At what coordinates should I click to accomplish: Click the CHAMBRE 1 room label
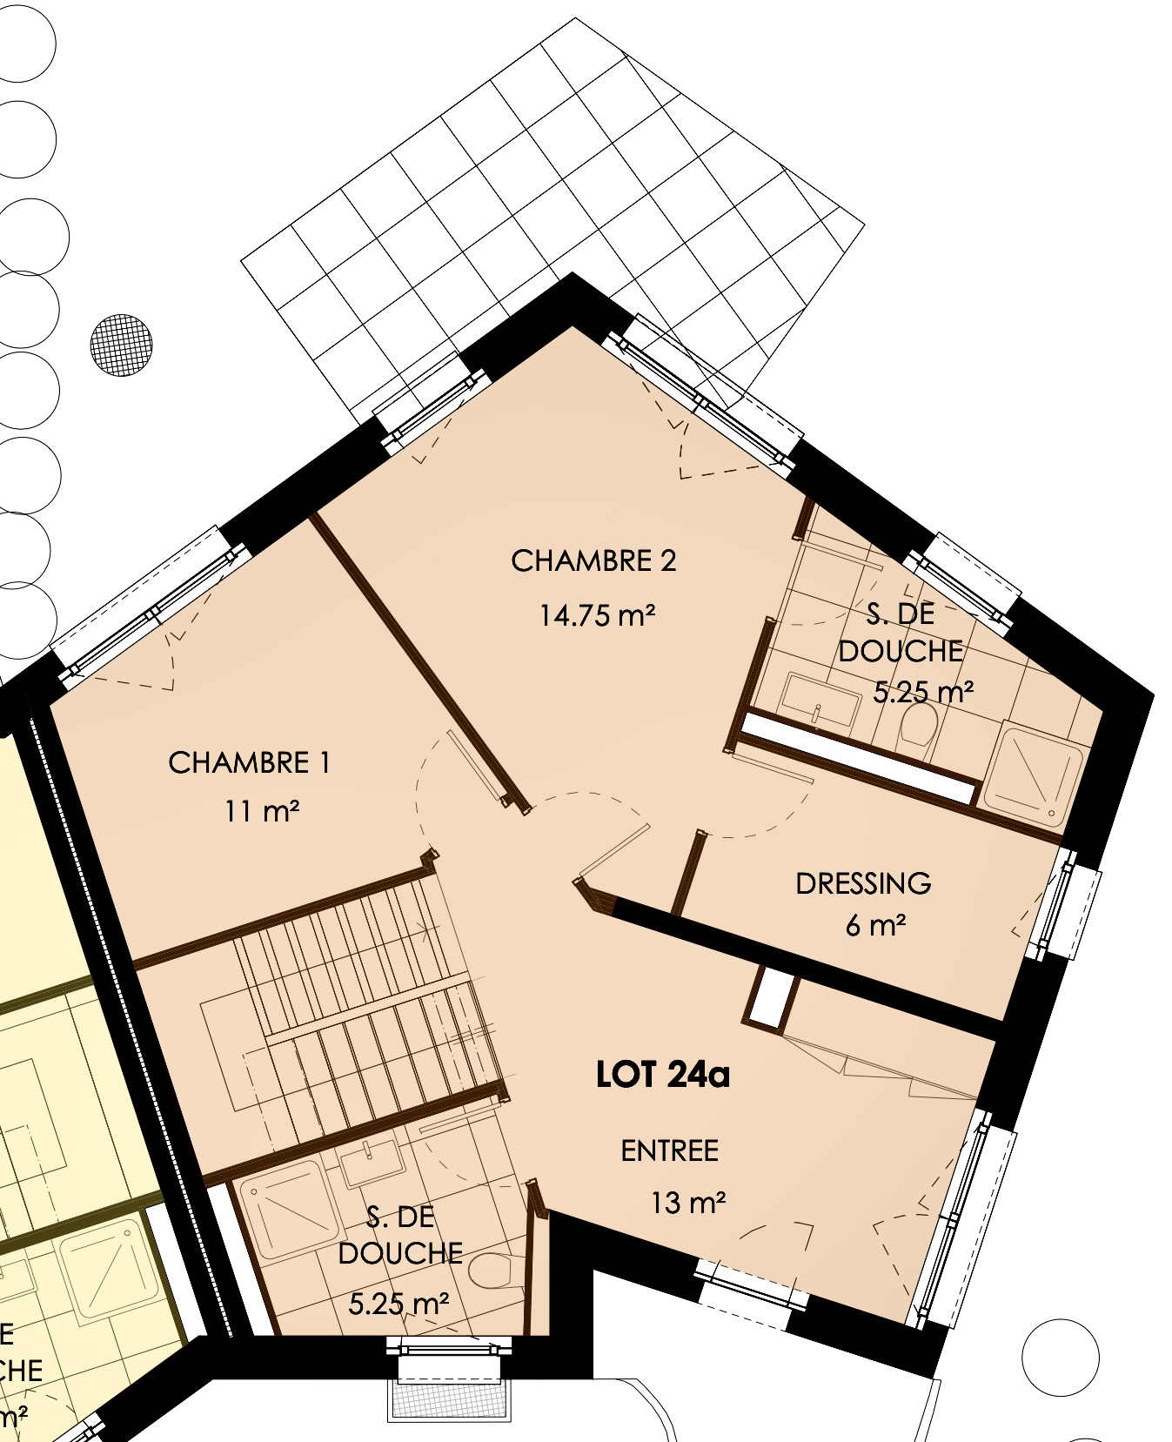click(x=249, y=763)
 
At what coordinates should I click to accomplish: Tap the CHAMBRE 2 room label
click(x=593, y=561)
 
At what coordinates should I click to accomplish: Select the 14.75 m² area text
click(x=597, y=615)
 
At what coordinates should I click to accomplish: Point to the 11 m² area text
click(x=262, y=812)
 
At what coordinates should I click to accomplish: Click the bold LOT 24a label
click(x=663, y=1076)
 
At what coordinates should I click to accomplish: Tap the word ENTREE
click(x=670, y=1151)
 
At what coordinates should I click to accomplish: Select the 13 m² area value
click(x=688, y=1203)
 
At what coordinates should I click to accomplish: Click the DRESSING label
click(x=863, y=884)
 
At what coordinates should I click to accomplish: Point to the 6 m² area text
click(x=875, y=925)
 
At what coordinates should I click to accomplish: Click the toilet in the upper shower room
click(x=919, y=724)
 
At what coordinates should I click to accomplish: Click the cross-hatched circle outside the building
click(x=121, y=345)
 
